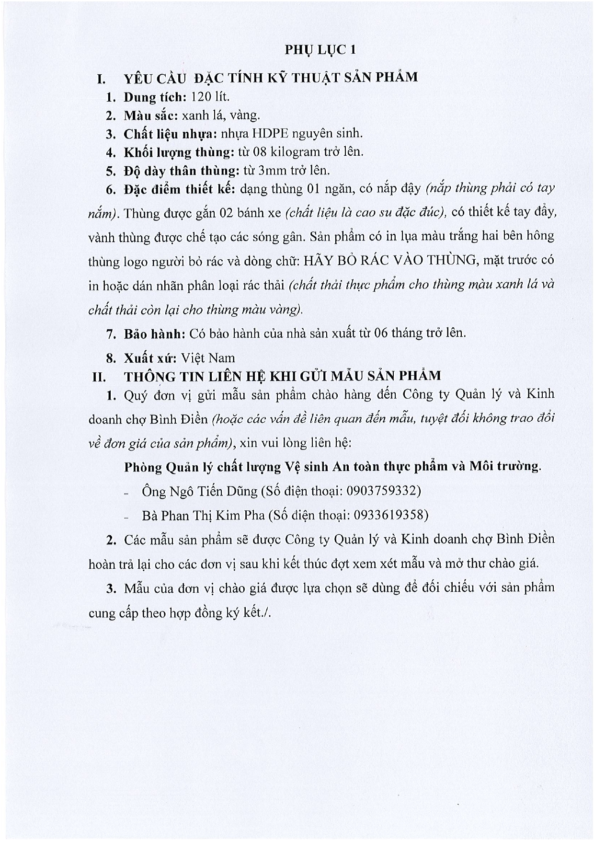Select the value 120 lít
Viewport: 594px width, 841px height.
click(210, 97)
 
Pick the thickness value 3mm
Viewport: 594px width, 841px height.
click(272, 170)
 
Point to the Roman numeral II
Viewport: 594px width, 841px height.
click(99, 377)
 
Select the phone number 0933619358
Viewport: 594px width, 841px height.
click(389, 515)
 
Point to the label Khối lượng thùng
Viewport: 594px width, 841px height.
click(178, 152)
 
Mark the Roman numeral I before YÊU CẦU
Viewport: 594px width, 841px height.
click(100, 78)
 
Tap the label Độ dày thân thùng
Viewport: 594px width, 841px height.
click(181, 171)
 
